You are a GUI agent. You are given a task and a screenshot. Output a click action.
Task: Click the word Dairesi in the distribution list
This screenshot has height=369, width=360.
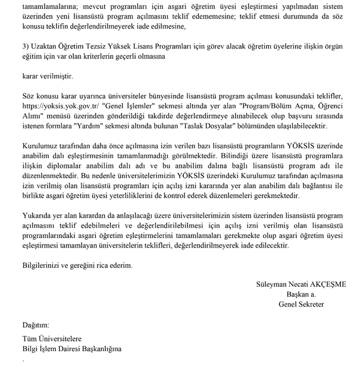click(x=74, y=350)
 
